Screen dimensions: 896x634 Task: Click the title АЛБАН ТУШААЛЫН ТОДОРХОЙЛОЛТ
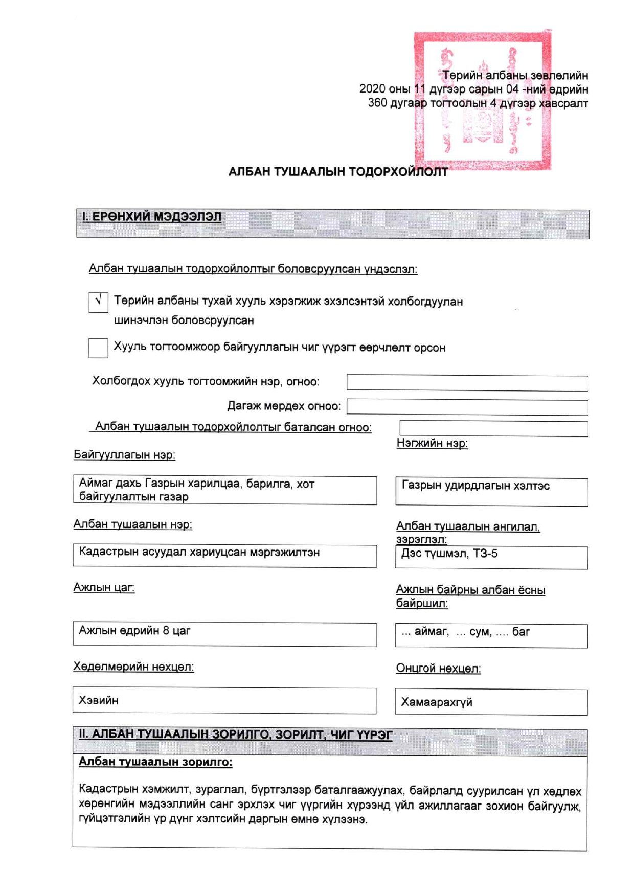click(x=337, y=172)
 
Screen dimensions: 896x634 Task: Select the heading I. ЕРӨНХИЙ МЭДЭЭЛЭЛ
click(x=152, y=217)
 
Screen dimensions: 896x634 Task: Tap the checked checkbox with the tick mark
click(x=98, y=302)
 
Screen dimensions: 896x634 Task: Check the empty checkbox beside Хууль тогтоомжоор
click(x=98, y=348)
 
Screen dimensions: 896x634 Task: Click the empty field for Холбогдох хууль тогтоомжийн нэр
click(x=467, y=383)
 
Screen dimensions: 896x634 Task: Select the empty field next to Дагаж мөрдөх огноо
click(x=467, y=407)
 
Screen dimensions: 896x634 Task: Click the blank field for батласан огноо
click(x=493, y=428)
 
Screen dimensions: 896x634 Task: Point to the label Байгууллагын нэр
click(x=124, y=455)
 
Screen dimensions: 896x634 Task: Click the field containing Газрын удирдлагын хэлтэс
click(x=491, y=492)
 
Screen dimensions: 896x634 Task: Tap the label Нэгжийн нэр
click(x=432, y=443)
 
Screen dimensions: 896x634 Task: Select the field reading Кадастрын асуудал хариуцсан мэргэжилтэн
click(x=224, y=556)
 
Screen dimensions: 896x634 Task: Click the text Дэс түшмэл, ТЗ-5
click(x=449, y=554)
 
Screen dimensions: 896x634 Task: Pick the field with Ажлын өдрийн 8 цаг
click(x=224, y=634)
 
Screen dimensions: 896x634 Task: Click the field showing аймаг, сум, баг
click(x=491, y=636)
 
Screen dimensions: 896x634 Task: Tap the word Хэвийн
click(x=98, y=700)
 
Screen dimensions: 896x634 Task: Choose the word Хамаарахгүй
click(x=436, y=702)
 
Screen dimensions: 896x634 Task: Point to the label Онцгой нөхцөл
click(x=438, y=669)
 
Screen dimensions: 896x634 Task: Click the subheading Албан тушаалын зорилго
click(x=155, y=762)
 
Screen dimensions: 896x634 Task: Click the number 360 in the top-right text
click(x=377, y=103)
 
